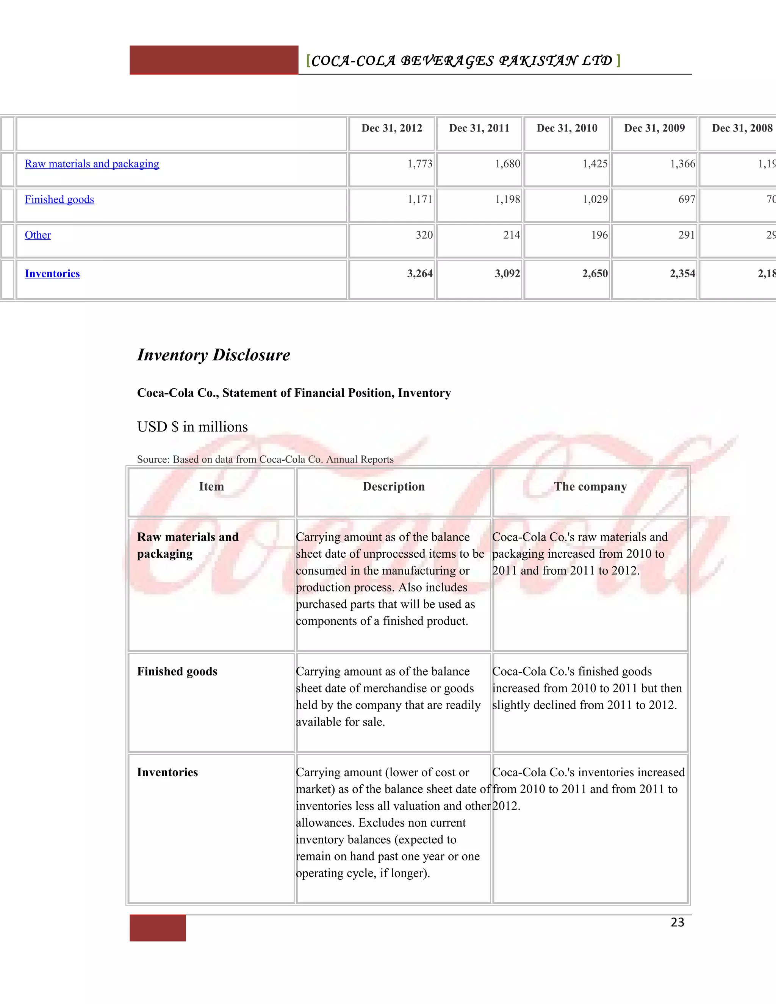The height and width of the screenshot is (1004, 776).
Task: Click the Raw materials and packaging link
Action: (92, 164)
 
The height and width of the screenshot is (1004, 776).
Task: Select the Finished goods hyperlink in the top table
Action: (59, 200)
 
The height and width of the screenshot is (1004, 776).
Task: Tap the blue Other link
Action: (38, 235)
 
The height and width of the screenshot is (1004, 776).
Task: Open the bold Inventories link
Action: (52, 274)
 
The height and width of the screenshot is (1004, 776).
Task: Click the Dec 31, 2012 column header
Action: (392, 128)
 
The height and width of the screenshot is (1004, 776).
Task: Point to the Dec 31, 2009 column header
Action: (654, 128)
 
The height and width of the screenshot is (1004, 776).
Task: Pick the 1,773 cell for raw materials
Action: (420, 164)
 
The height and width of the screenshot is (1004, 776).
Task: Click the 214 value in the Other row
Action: (511, 235)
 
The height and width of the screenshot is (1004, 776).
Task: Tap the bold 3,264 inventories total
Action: (420, 274)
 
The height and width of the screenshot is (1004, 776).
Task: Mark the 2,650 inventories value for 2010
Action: (595, 274)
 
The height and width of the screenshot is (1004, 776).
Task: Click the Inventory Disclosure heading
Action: (213, 355)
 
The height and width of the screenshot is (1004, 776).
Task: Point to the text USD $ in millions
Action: (192, 427)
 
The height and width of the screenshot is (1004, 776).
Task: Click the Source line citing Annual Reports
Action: (265, 459)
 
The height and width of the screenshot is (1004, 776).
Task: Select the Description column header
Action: (394, 486)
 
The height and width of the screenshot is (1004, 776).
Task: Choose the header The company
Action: (590, 486)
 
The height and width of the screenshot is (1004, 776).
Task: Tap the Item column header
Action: (211, 486)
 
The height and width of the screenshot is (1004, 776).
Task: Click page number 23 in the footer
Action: (677, 922)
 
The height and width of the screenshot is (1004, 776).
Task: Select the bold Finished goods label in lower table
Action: (177, 672)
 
